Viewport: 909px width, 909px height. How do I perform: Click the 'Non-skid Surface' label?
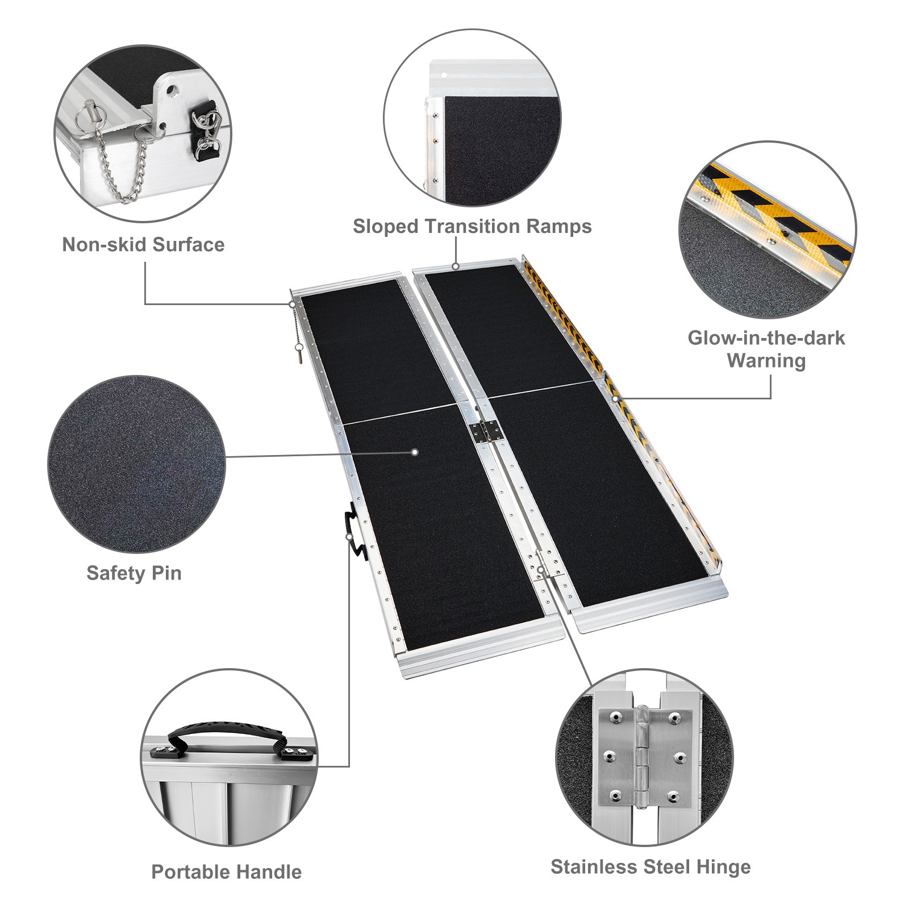click(x=143, y=245)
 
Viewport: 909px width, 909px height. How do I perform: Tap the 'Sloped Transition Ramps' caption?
click(x=472, y=226)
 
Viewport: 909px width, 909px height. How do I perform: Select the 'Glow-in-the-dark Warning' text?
click(x=766, y=349)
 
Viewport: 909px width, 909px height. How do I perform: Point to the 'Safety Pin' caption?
click(x=134, y=573)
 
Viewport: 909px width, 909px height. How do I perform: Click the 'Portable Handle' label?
click(x=226, y=872)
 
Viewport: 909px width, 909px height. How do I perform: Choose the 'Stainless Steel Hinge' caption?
click(x=651, y=867)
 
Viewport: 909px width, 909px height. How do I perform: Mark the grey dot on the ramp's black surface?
click(x=415, y=452)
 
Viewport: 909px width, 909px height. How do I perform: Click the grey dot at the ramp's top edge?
click(x=454, y=266)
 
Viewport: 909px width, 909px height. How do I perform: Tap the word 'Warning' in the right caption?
click(x=766, y=361)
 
